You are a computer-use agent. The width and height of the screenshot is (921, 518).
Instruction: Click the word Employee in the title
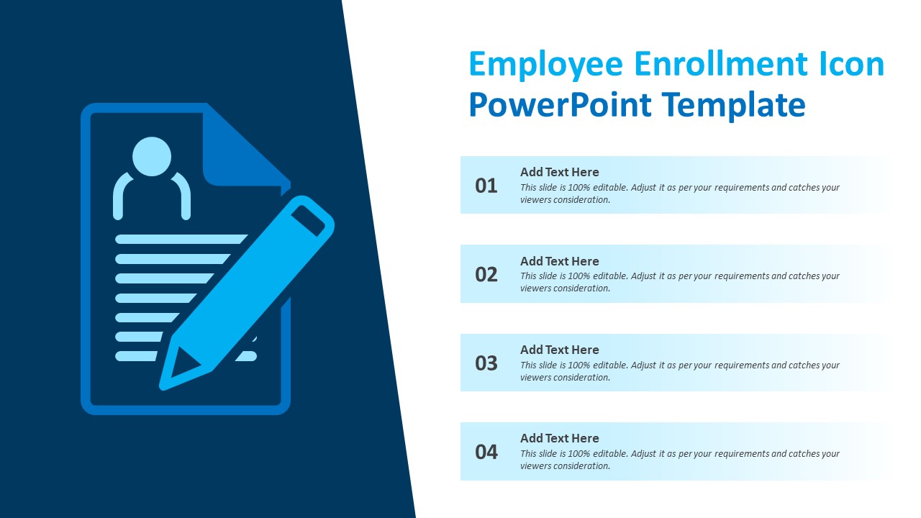point(546,65)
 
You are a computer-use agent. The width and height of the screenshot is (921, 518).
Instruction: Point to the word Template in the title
point(734,105)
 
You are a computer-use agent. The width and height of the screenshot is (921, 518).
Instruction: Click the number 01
point(486,186)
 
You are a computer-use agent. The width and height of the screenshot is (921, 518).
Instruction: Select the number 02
point(486,274)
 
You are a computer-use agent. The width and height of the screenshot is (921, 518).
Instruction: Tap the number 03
point(486,363)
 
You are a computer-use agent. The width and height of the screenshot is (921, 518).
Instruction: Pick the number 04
point(486,452)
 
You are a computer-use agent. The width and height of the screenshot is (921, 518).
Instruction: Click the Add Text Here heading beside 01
point(559,172)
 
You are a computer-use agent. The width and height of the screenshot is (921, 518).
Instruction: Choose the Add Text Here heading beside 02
point(559,261)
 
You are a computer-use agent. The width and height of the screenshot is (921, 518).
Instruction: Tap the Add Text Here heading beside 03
point(559,350)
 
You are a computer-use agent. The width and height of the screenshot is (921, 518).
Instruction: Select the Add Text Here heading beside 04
point(559,438)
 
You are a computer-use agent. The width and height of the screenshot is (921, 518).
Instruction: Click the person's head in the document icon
point(152,156)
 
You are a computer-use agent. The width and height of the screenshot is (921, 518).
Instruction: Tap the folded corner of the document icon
point(237,151)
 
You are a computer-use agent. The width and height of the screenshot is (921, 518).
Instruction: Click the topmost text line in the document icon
point(180,239)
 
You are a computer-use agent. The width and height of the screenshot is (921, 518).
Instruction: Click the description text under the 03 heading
point(680,371)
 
